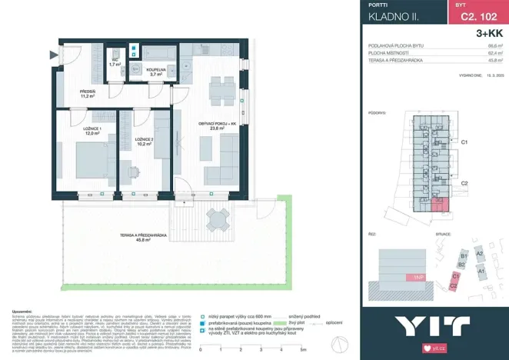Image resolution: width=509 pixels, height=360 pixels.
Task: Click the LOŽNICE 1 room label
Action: tap(91, 131)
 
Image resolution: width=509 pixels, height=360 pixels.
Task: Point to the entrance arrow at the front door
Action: tap(53, 54)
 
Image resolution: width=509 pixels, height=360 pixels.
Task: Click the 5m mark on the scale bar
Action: tap(304, 348)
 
